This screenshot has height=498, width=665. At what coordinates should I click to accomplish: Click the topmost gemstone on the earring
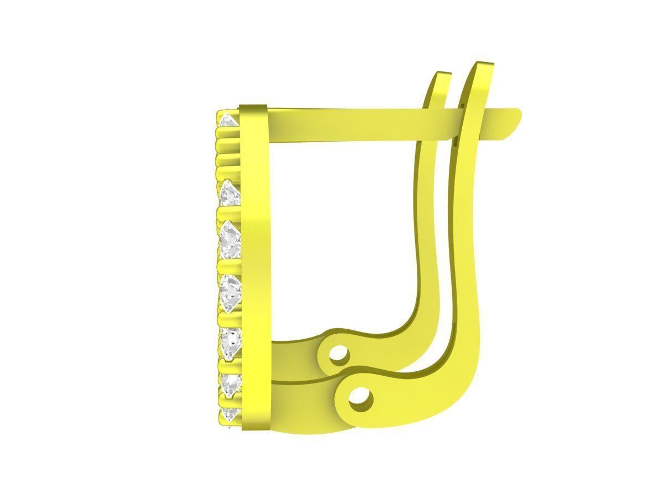click(227, 120)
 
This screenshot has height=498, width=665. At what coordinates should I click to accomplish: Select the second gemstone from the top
click(229, 194)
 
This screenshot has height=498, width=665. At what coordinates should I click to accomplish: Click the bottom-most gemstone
click(229, 414)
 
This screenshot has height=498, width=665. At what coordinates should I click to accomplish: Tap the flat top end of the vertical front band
click(254, 106)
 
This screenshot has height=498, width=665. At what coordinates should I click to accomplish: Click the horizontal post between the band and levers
click(344, 124)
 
